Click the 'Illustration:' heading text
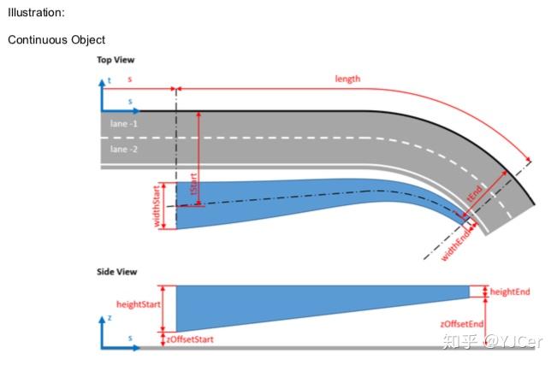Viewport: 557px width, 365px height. [36, 13]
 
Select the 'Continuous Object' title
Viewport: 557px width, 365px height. [56, 39]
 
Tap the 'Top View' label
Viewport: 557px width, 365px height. [116, 60]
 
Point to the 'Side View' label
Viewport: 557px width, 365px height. [117, 272]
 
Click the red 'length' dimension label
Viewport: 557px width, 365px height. [347, 79]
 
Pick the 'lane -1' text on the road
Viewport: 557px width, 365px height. [123, 124]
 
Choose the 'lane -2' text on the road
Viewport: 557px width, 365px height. [123, 149]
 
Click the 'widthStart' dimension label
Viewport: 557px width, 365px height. [157, 206]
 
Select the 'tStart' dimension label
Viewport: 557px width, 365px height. [194, 183]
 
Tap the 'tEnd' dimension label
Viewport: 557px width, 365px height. [476, 194]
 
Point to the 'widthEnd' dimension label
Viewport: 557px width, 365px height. [457, 244]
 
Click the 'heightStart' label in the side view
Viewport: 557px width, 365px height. [139, 304]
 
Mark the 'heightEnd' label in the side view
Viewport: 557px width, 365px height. [510, 291]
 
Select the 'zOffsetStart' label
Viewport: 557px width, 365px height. [190, 339]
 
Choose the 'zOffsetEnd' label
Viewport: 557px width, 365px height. [462, 324]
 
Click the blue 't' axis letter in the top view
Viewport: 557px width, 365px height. [110, 80]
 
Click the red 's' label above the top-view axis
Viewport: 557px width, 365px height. [130, 79]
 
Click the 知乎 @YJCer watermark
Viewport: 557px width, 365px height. [492, 341]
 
